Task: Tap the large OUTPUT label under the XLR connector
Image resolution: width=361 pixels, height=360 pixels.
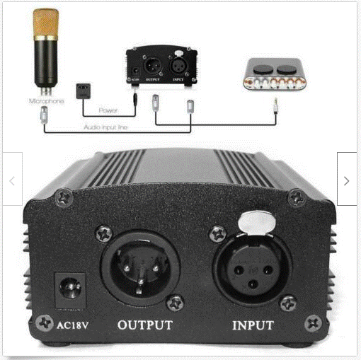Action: pos(144,326)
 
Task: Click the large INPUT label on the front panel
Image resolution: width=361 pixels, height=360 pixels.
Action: pos(254,327)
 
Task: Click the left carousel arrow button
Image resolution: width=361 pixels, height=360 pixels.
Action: pos(12,181)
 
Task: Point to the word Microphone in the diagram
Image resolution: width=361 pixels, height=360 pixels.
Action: pos(46,101)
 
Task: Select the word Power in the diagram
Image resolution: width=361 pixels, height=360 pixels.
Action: pos(108,110)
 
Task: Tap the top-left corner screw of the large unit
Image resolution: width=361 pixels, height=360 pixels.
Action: pos(64,197)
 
